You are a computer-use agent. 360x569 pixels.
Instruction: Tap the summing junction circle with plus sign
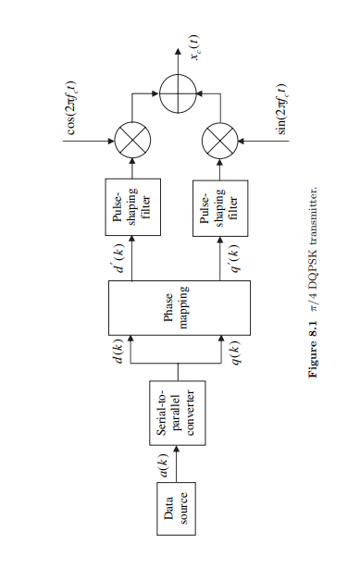[174, 92]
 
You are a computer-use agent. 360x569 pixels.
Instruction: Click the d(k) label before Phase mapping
[118, 355]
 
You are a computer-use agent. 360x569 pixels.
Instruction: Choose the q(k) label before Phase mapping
[234, 355]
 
